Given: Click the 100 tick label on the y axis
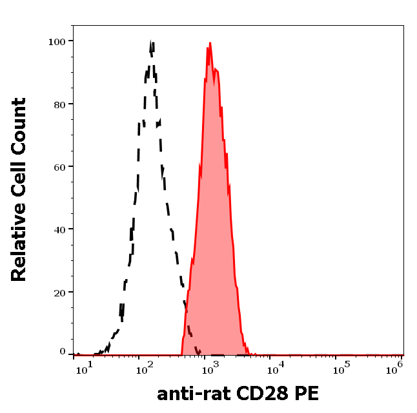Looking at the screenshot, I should click(57, 41).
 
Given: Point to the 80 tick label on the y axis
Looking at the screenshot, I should click(59, 104).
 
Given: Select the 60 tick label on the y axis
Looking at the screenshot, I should click(59, 167).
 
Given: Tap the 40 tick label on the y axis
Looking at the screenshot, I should click(59, 229).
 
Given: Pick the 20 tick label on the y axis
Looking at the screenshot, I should click(59, 293).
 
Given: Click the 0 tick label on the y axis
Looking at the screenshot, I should click(63, 352).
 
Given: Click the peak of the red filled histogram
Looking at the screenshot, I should click(210, 44).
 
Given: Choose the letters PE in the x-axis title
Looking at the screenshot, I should click(307, 394).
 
